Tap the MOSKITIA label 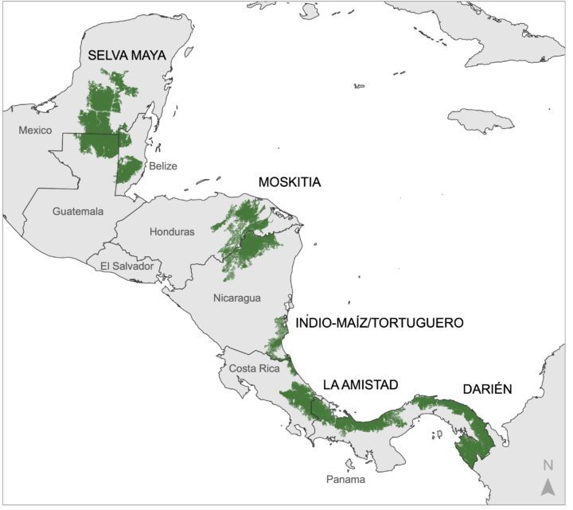tap(290, 182)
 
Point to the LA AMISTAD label tap(361, 384)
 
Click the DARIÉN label tap(487, 389)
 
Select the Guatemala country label tap(78, 212)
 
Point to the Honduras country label tap(172, 232)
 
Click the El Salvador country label tap(127, 267)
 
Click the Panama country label tap(345, 480)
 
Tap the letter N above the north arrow tap(548, 465)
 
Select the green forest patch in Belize tap(128, 168)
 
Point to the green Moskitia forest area tap(247, 231)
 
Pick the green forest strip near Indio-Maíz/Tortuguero tap(279, 338)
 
